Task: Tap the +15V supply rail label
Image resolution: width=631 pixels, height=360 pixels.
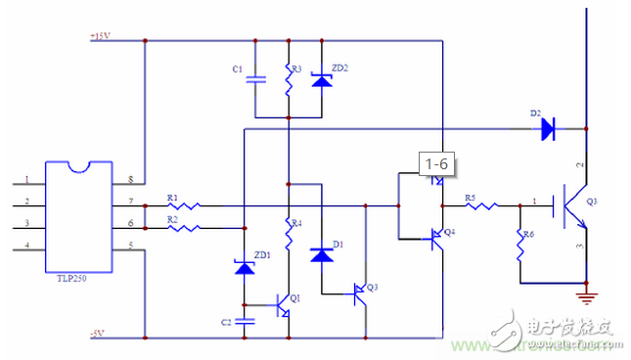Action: pos(100,36)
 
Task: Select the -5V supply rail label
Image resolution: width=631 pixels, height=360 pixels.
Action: pos(97,334)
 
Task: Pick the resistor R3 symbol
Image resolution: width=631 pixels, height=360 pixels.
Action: pos(289,79)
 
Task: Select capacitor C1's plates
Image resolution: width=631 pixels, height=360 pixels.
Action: pos(254,79)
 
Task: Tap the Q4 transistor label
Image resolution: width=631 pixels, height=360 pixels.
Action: pos(449,232)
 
